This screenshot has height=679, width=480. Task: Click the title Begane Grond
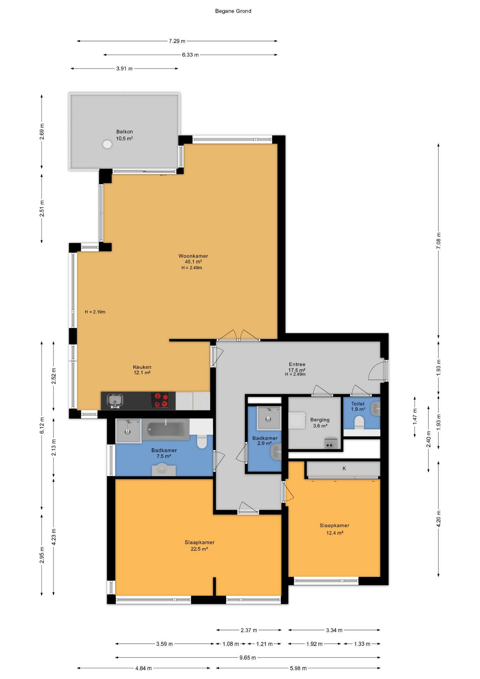233,11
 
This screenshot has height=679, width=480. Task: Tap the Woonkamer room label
193,256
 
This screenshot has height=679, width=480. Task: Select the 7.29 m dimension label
177,41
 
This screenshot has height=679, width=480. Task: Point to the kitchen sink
115,400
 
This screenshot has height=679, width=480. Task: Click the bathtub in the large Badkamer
166,429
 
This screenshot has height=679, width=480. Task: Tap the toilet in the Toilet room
359,423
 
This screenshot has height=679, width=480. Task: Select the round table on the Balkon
107,144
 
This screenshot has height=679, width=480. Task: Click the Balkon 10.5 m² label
124,135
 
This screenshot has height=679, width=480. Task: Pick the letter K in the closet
344,468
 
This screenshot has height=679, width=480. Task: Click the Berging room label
320,420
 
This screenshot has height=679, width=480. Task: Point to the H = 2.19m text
95,312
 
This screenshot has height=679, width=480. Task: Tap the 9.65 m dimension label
247,657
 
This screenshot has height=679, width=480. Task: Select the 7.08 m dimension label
439,240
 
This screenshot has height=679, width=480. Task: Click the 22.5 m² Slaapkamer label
199,545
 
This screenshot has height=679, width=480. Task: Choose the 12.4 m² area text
335,533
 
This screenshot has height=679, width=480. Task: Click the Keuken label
142,367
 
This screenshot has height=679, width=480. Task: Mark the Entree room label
297,364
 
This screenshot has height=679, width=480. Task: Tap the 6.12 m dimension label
42,425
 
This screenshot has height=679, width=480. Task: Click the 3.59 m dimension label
164,644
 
